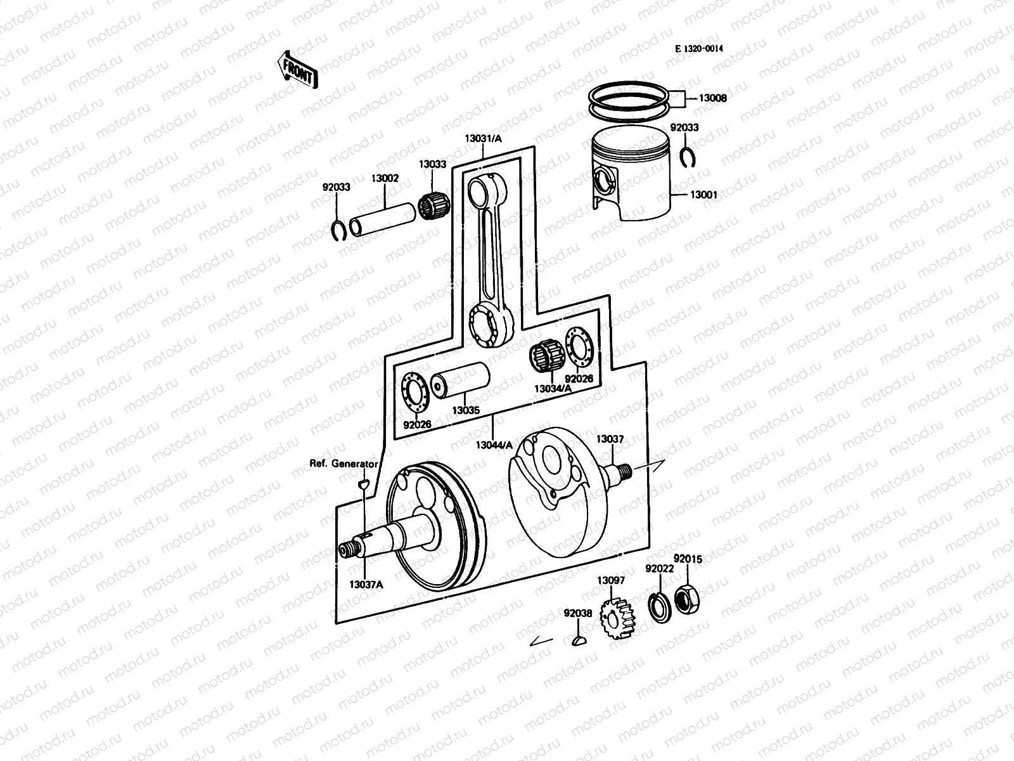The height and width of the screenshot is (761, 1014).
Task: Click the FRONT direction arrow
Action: click(x=297, y=69)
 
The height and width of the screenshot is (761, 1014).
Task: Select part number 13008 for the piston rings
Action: click(x=712, y=98)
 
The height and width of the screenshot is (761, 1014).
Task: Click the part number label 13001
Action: click(x=702, y=195)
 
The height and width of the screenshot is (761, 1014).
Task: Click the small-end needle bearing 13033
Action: click(x=433, y=207)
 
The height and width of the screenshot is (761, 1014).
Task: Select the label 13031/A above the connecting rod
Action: click(x=482, y=138)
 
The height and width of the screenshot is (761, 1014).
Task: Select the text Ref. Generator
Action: click(x=343, y=464)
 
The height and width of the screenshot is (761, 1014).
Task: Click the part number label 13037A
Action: click(x=366, y=584)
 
